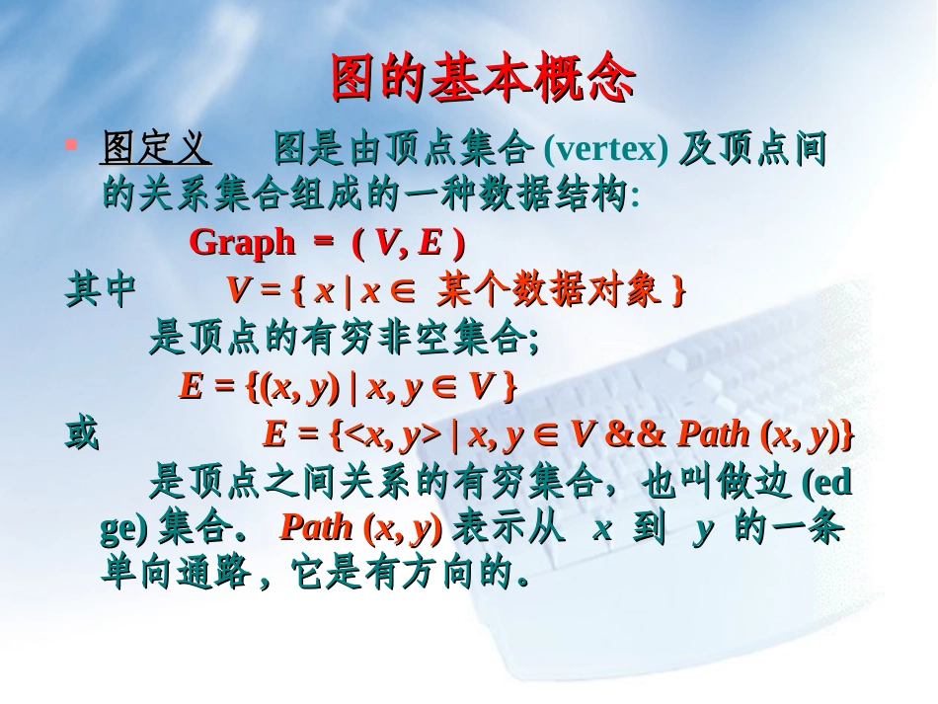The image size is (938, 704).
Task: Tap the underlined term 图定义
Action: [155, 150]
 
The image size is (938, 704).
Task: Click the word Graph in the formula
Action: [241, 242]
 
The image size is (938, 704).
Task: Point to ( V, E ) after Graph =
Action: [408, 242]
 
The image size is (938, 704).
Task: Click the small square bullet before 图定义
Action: [70, 145]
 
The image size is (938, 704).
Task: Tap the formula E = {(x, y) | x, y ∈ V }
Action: [348, 387]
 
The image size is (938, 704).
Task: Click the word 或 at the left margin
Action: [82, 435]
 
